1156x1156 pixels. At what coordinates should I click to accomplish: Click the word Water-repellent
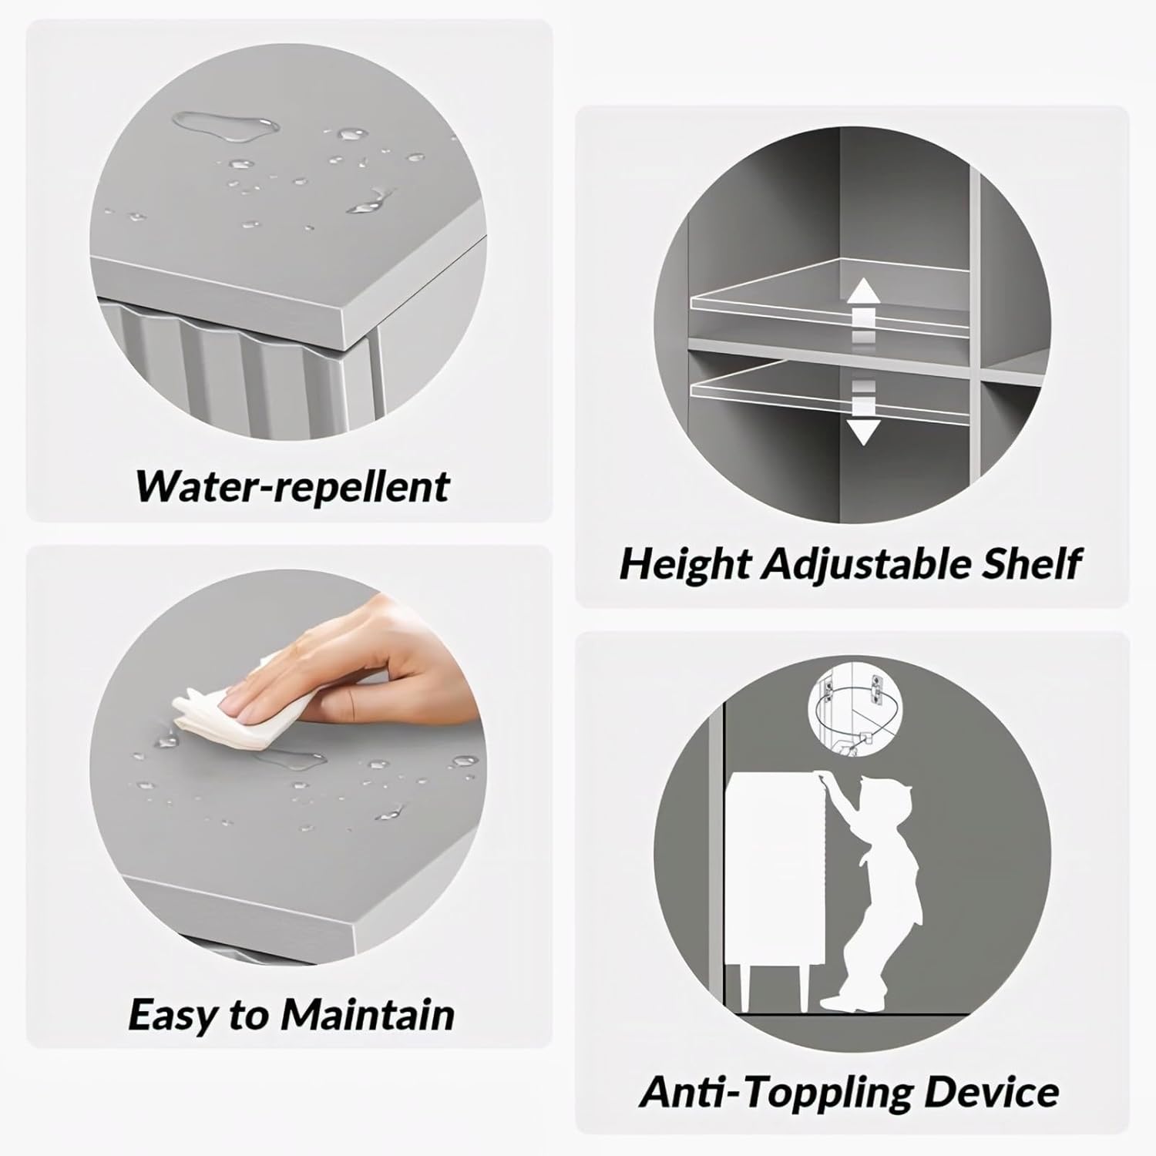(292, 486)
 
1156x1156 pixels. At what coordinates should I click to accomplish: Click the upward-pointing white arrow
(864, 308)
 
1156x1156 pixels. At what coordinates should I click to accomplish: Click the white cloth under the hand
(231, 705)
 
